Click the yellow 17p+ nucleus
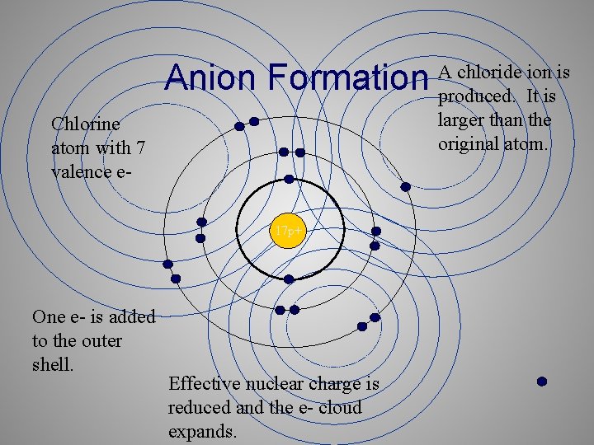click(x=289, y=233)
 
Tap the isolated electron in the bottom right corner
click(x=542, y=382)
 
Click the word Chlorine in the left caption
click(x=85, y=124)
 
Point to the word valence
click(x=82, y=171)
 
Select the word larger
click(x=464, y=120)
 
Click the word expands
click(x=202, y=431)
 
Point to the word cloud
click(x=341, y=407)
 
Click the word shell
click(x=53, y=363)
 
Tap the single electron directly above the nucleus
click(x=289, y=179)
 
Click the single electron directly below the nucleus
click(x=289, y=279)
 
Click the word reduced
click(x=199, y=407)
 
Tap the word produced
click(x=474, y=96)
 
